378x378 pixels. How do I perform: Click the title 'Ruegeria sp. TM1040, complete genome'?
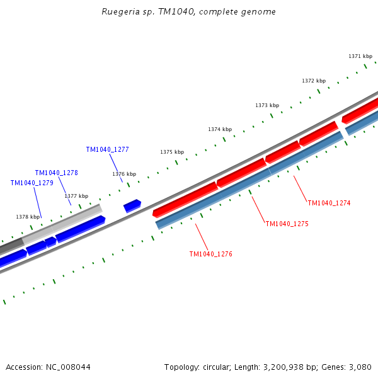188,12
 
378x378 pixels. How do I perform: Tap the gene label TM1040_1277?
107,150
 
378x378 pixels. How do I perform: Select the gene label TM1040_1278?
56,173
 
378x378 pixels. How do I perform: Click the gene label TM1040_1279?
31,183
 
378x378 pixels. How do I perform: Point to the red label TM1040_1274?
329,203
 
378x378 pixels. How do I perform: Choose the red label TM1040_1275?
287,224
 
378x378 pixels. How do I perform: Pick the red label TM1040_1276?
210,255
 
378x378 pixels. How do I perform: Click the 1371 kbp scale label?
360,57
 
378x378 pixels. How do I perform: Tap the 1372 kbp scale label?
314,81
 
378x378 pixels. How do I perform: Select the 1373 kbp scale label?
267,105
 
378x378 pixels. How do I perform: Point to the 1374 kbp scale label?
220,129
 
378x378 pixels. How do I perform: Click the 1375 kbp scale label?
172,152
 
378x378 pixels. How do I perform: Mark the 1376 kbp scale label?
124,175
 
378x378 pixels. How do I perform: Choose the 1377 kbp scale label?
76,196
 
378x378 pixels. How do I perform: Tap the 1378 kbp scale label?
28,217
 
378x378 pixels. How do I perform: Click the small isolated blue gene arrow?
132,205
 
